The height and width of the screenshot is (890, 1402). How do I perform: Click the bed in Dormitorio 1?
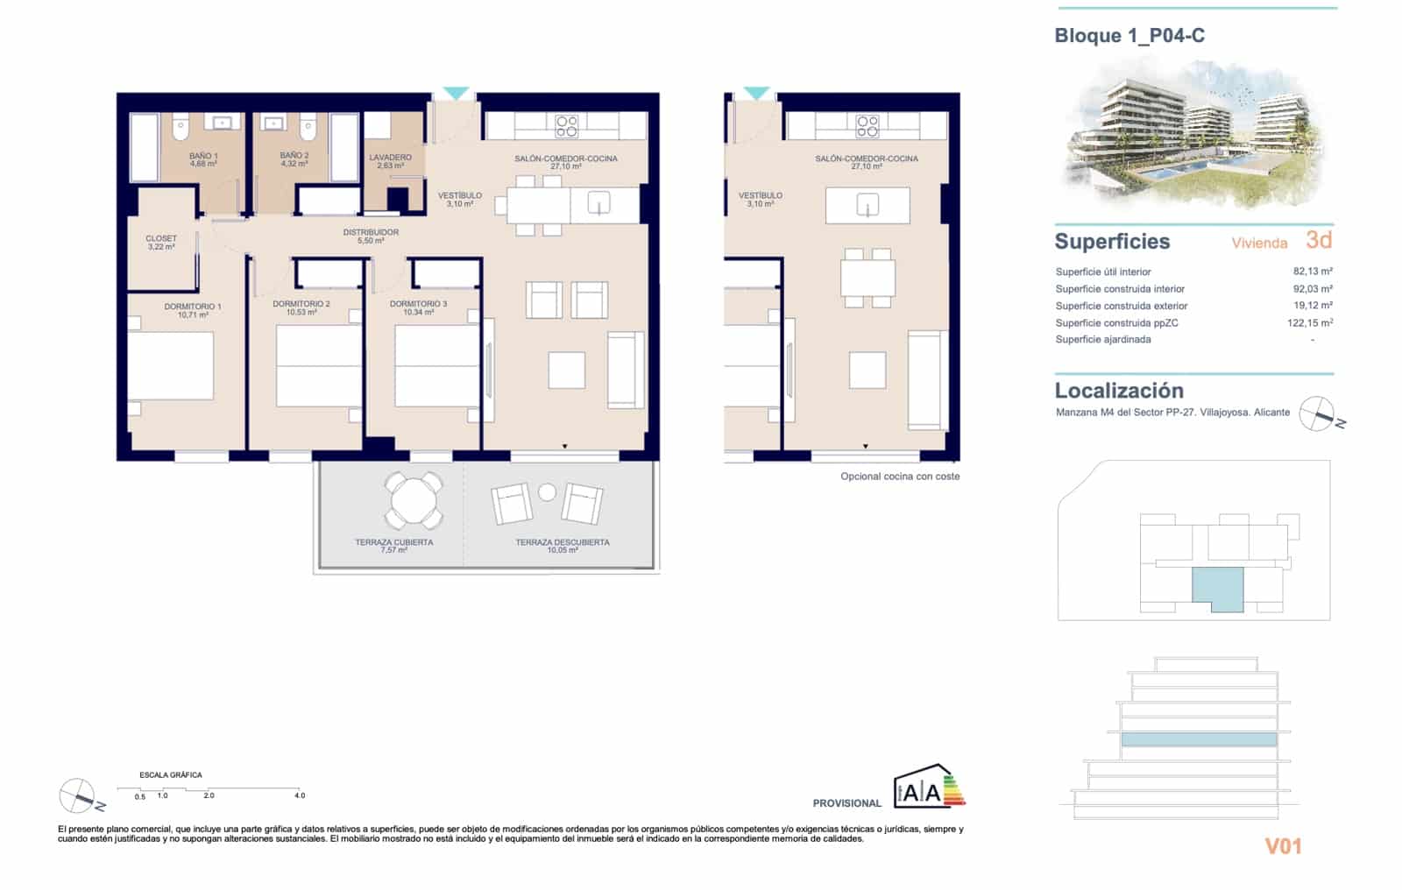172,365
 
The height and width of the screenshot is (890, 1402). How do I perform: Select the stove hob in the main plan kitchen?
567,126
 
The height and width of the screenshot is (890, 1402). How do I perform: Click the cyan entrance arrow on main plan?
456,93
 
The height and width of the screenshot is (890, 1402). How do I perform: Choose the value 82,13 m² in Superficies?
1312,272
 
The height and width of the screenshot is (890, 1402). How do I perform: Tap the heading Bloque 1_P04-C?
1129,36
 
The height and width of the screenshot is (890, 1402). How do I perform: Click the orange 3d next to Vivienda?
1318,240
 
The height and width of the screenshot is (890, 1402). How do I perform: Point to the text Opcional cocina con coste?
900,477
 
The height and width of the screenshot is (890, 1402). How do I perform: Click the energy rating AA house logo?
927,787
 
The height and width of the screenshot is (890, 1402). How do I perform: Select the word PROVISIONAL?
846,803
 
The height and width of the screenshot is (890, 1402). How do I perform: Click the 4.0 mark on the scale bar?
300,795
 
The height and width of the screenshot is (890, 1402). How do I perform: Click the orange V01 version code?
1283,846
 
